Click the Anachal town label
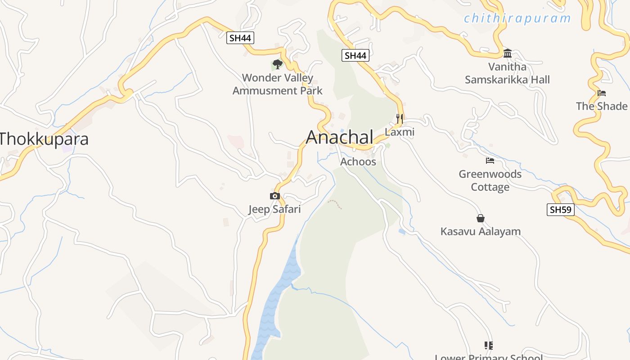click(340, 137)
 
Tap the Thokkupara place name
click(44, 139)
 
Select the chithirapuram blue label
click(517, 18)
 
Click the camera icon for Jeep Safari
click(274, 196)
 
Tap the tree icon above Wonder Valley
click(278, 64)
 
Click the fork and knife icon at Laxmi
click(400, 119)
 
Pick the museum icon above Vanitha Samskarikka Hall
click(508, 54)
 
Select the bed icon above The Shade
click(602, 93)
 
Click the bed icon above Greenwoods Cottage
click(490, 161)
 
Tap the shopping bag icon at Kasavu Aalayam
click(481, 218)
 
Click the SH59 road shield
click(561, 209)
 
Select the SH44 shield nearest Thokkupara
click(240, 38)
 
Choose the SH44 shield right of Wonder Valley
click(355, 55)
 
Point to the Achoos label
click(358, 162)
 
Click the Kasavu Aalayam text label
click(480, 232)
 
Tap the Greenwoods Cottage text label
click(490, 180)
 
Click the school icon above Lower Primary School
click(489, 345)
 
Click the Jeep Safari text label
click(274, 209)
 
